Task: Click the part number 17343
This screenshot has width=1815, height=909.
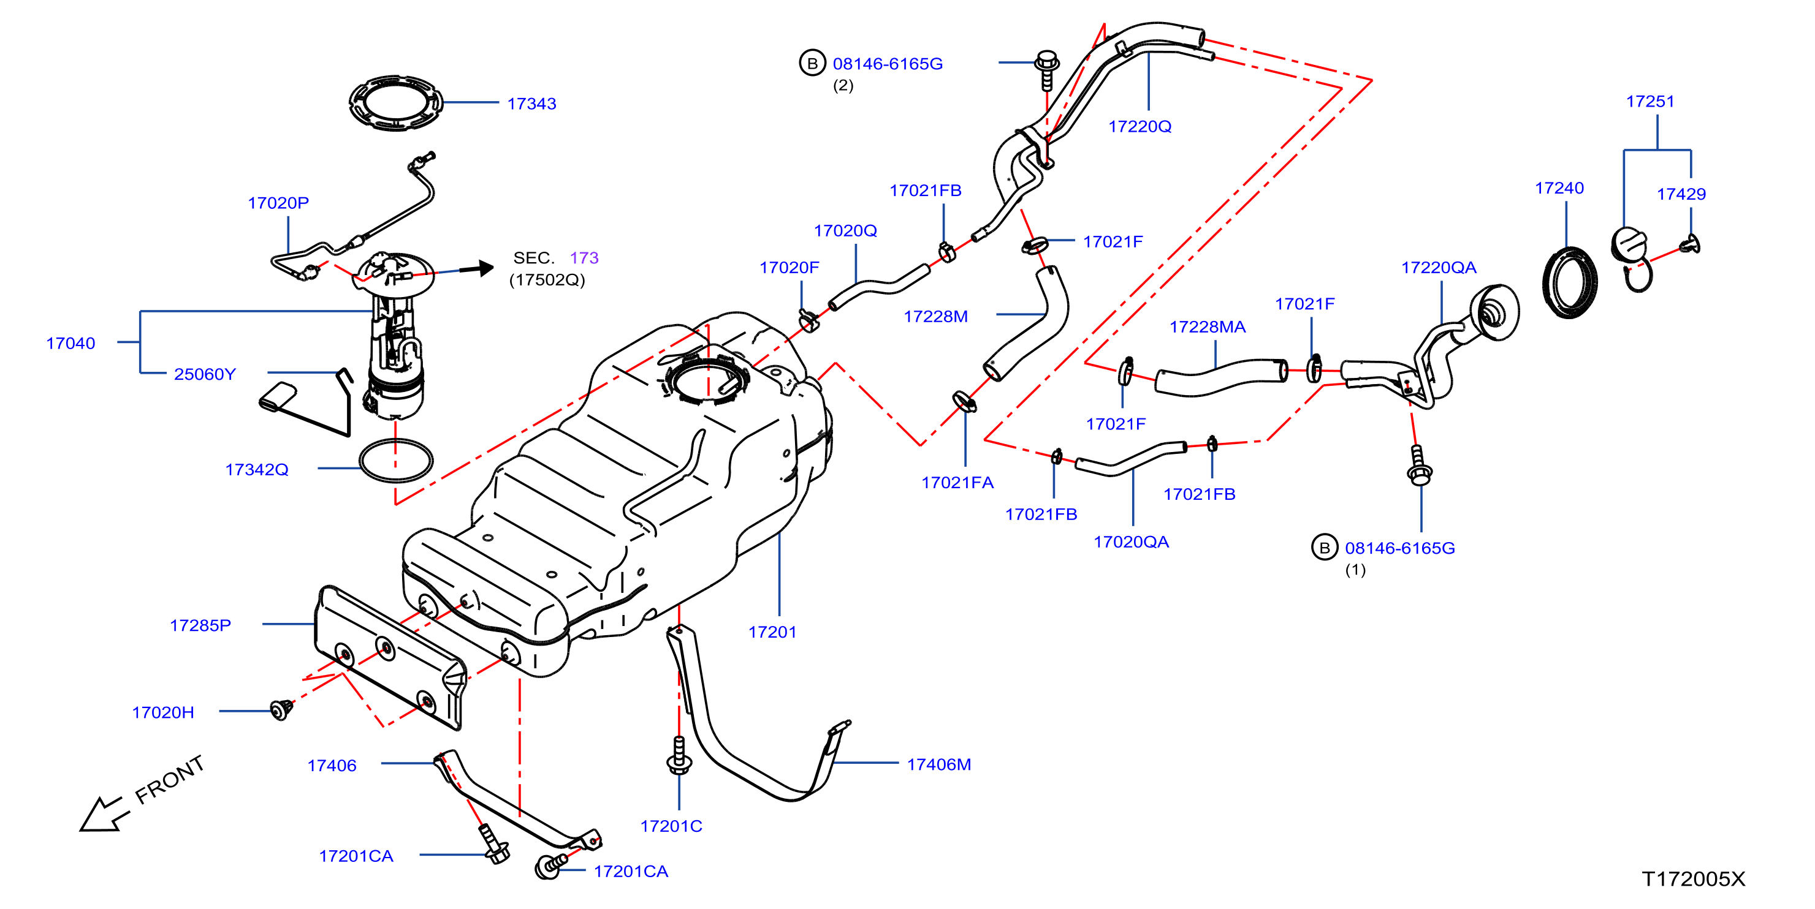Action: click(x=531, y=104)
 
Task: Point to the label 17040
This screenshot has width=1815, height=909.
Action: click(x=70, y=343)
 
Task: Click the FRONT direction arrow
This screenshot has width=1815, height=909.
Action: click(x=104, y=815)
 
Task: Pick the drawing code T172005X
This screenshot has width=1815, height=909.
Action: click(x=1693, y=879)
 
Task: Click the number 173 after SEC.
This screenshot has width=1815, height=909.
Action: click(x=584, y=258)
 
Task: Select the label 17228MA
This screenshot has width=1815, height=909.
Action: click(x=1208, y=326)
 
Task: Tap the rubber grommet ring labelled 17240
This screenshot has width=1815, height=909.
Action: click(x=1548, y=282)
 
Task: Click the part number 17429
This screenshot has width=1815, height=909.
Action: click(x=1681, y=194)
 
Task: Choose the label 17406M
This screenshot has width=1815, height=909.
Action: click(x=938, y=764)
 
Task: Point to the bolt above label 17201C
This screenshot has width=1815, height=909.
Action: click(x=679, y=755)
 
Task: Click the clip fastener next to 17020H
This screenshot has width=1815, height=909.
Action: click(x=281, y=710)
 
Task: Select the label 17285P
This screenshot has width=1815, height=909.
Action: click(x=200, y=625)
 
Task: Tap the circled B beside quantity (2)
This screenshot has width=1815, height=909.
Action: click(x=812, y=62)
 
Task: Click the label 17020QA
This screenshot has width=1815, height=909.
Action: click(x=1131, y=541)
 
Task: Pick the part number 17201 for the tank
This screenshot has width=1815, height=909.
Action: click(x=772, y=632)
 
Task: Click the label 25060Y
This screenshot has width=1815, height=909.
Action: click(x=205, y=374)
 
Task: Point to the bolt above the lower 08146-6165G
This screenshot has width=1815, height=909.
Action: click(x=1418, y=466)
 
